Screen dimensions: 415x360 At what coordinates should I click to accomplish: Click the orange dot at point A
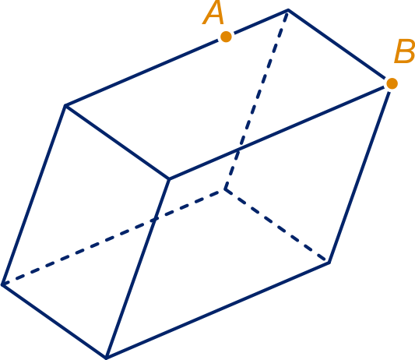click(226, 37)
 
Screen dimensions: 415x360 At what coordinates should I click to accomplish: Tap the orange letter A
click(213, 12)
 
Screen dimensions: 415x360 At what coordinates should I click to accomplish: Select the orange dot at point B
click(392, 83)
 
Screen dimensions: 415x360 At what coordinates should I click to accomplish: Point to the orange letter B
click(404, 51)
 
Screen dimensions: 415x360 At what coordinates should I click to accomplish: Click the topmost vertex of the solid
click(288, 10)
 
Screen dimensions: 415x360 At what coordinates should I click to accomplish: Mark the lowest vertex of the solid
click(106, 358)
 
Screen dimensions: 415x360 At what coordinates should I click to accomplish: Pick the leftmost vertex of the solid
click(2, 284)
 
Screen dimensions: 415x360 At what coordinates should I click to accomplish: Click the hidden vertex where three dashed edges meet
click(225, 189)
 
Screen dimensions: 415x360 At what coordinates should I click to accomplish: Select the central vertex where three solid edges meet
click(170, 179)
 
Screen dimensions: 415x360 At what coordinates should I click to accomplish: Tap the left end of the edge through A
click(65, 106)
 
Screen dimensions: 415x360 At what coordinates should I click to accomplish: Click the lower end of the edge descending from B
click(329, 263)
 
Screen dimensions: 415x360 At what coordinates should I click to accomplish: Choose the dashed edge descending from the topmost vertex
click(256, 100)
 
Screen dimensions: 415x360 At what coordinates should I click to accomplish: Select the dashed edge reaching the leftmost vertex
click(114, 237)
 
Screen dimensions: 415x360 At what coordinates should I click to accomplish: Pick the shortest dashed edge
click(277, 226)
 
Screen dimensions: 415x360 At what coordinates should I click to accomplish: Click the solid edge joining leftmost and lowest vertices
click(55, 321)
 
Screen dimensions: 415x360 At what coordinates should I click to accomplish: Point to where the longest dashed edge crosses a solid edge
click(155, 219)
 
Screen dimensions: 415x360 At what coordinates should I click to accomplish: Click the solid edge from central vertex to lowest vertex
click(138, 268)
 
